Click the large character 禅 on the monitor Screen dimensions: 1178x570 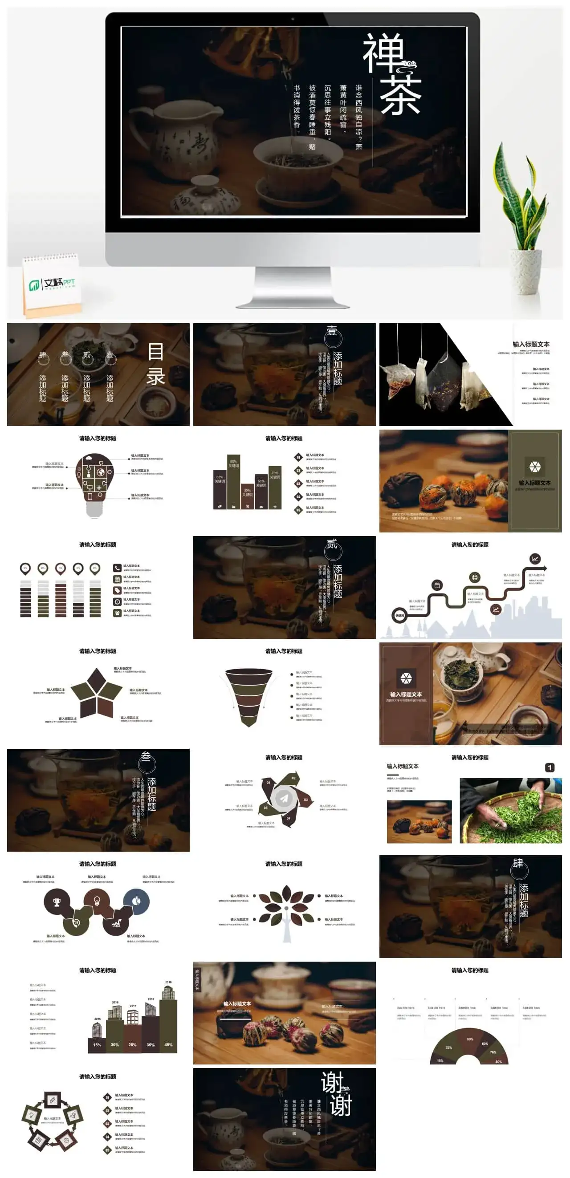[383, 53]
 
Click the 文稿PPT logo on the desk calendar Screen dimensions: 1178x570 [53, 284]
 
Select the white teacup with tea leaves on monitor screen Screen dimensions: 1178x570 [297, 160]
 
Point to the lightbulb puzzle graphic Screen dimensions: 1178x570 [95, 483]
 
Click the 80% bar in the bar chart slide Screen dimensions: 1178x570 [233, 480]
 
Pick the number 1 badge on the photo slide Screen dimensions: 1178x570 [550, 768]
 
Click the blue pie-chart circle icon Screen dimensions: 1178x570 [136, 901]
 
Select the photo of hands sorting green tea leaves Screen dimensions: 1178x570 [510, 811]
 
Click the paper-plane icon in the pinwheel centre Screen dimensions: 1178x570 [284, 798]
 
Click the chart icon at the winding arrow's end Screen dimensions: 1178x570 [534, 558]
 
